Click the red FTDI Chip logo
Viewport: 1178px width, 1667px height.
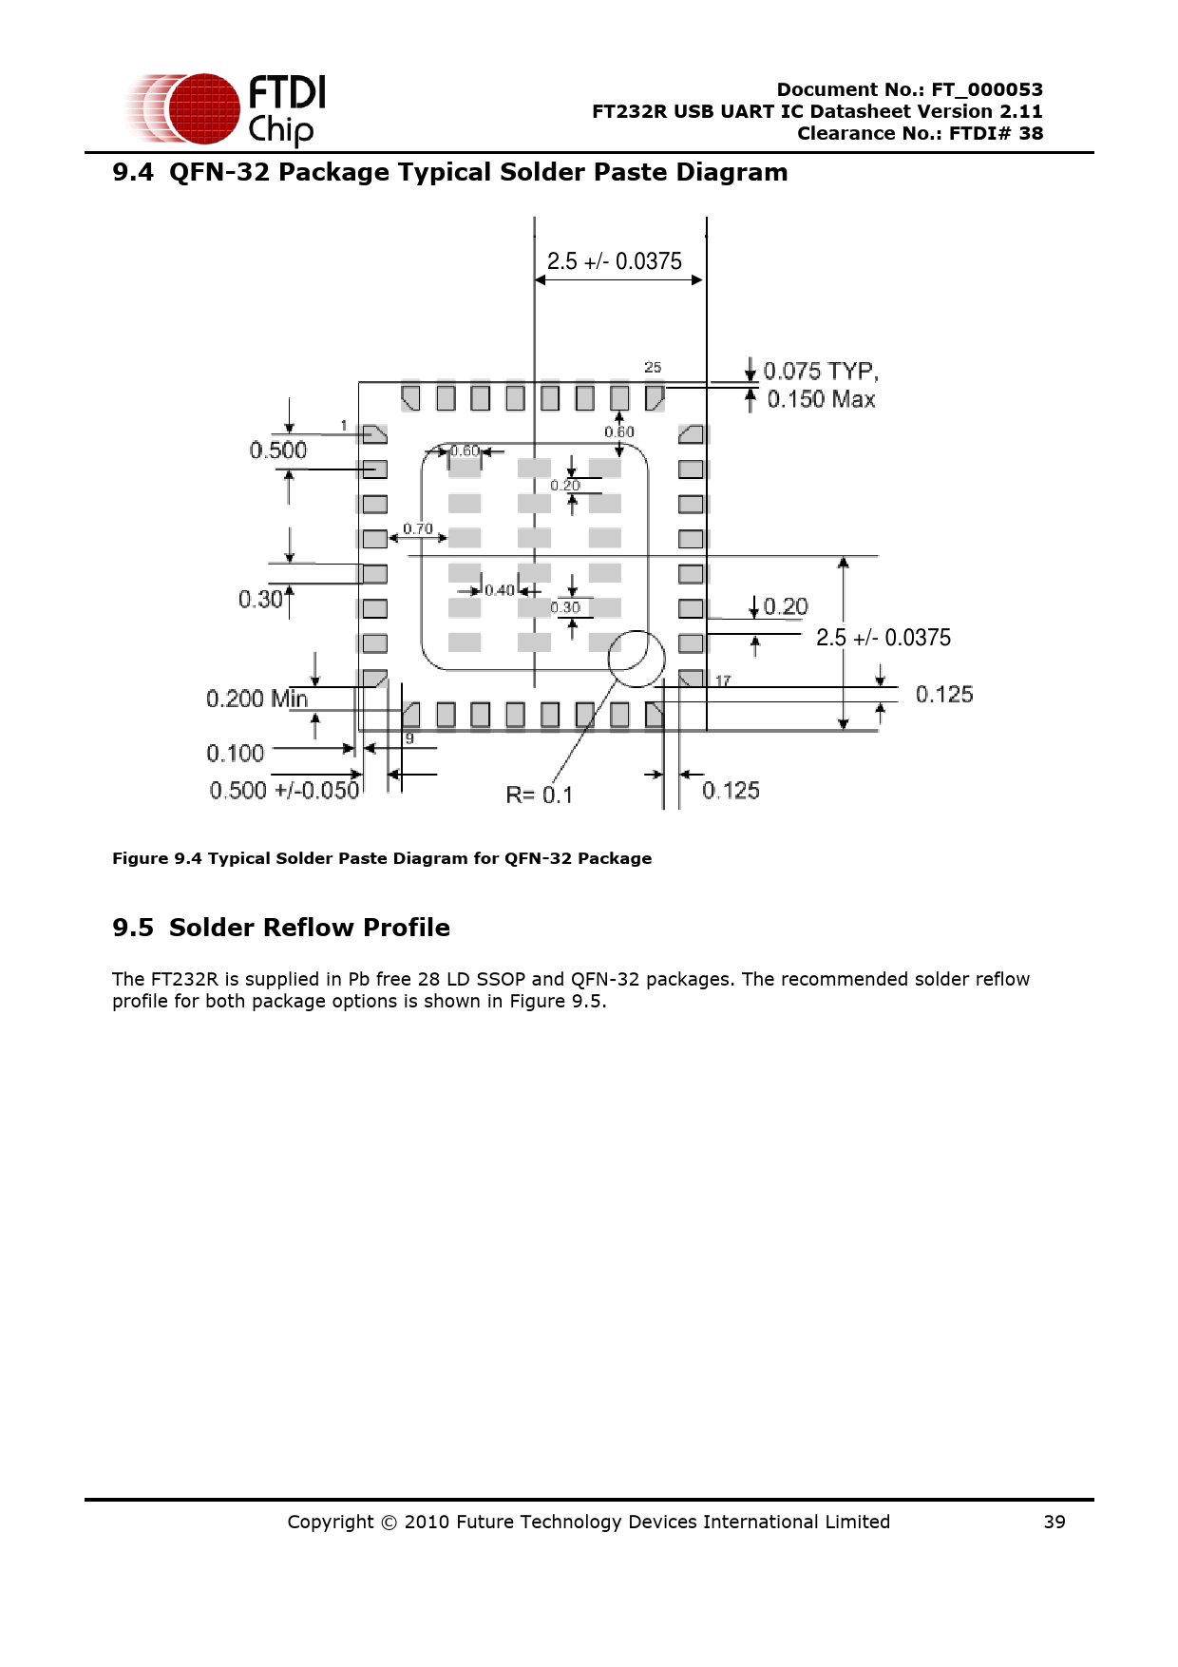tap(226, 108)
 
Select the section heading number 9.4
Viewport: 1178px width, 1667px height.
tap(132, 172)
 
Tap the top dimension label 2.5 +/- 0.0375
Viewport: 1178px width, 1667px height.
tap(614, 261)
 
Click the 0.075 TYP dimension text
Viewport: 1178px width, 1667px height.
tap(821, 371)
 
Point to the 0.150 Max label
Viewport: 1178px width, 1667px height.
tap(821, 399)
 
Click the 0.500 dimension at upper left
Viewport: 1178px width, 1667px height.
tap(277, 450)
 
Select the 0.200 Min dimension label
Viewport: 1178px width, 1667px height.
tap(256, 699)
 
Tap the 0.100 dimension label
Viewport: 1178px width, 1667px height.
tap(235, 754)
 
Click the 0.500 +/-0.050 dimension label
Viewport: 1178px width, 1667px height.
tap(284, 791)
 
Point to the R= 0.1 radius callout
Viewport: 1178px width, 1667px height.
tap(539, 795)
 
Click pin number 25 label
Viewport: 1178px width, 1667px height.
tap(653, 367)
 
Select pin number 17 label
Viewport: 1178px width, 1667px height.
tap(723, 680)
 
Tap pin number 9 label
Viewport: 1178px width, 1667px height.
tap(409, 738)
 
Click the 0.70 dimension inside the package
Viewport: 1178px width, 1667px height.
tap(418, 528)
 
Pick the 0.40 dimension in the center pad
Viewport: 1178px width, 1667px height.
tap(500, 590)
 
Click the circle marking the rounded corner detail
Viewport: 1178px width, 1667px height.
tap(636, 659)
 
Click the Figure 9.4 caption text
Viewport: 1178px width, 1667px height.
tap(382, 858)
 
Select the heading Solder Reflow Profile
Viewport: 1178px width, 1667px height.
tap(309, 928)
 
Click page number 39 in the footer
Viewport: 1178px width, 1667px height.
tap(1054, 1522)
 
